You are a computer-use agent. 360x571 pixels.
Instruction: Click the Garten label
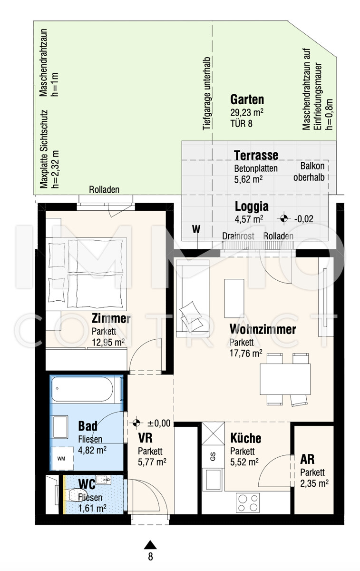pyautogui.click(x=247, y=99)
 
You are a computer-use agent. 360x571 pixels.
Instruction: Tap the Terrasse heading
pyautogui.click(x=256, y=155)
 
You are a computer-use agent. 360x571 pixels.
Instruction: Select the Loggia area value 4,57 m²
pyautogui.click(x=249, y=219)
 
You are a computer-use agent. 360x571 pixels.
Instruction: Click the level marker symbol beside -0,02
pyautogui.click(x=283, y=218)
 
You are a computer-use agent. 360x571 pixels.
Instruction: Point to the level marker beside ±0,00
pyautogui.click(x=136, y=423)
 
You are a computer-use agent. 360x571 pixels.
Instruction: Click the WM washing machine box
pyautogui.click(x=61, y=459)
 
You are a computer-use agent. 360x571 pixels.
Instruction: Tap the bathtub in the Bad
pyautogui.click(x=82, y=389)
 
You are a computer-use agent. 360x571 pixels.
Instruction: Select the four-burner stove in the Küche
pyautogui.click(x=248, y=502)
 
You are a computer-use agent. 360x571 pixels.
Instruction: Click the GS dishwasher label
pyautogui.click(x=213, y=456)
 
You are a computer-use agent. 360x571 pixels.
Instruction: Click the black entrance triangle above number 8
pyautogui.click(x=150, y=544)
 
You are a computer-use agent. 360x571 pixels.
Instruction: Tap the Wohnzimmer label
pyautogui.click(x=263, y=329)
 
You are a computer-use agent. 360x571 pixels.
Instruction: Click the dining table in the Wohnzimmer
pyautogui.click(x=285, y=379)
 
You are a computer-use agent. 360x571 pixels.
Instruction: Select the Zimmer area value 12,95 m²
pyautogui.click(x=108, y=342)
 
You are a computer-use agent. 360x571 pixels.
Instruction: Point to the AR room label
pyautogui.click(x=307, y=459)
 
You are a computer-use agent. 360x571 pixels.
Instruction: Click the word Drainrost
pyautogui.click(x=238, y=236)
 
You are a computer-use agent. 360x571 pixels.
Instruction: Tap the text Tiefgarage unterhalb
pyautogui.click(x=207, y=94)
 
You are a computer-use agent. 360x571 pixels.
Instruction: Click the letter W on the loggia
pyautogui.click(x=196, y=229)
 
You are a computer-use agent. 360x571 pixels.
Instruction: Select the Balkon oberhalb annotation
pyautogui.click(x=309, y=172)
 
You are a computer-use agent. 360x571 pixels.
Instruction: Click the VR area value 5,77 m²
pyautogui.click(x=152, y=462)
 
